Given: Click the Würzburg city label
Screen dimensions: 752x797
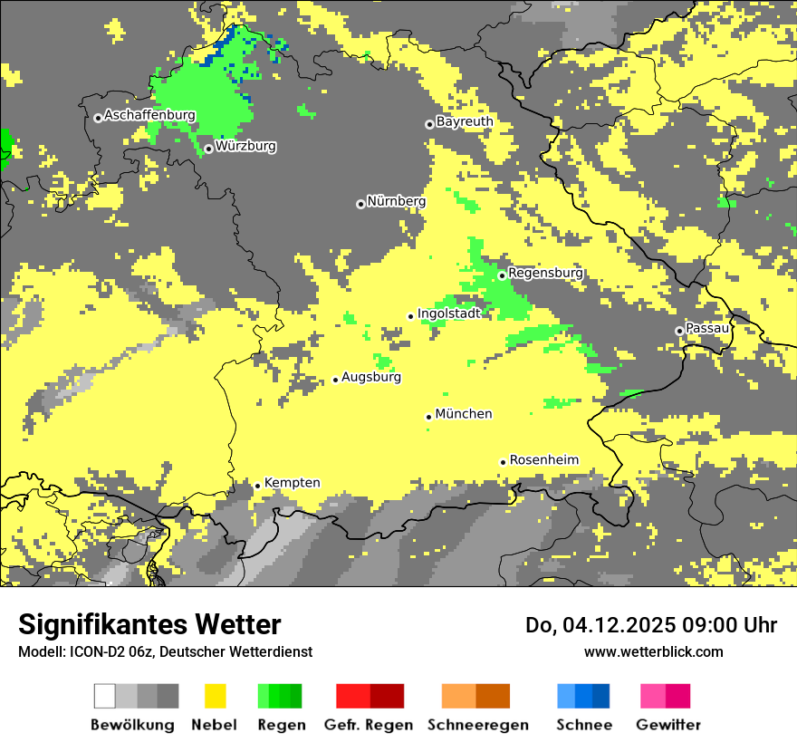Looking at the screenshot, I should (x=245, y=146).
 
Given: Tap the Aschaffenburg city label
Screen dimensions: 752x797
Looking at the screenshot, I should (x=149, y=115).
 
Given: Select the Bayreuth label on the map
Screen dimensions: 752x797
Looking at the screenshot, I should (x=465, y=121).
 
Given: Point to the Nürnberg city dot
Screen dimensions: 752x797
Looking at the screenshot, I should (x=360, y=204).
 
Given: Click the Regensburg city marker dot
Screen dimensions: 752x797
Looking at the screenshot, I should (x=502, y=275).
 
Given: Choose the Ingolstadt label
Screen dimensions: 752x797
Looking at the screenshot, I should (x=448, y=313).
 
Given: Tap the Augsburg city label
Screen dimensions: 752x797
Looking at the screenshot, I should (x=371, y=377).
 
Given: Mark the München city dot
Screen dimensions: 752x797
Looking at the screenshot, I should (x=428, y=417).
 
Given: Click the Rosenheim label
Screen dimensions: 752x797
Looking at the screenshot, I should (x=543, y=460).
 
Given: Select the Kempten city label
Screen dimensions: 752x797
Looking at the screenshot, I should (x=292, y=483).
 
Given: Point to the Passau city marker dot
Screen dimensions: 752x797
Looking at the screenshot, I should (x=679, y=331).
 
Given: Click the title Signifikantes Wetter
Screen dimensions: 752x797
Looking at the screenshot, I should (x=149, y=625).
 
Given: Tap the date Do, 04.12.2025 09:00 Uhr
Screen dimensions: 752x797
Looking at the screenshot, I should (x=651, y=625).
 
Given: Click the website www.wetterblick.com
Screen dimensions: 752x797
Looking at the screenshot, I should (x=654, y=651).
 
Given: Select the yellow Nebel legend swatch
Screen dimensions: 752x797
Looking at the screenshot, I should (x=215, y=696).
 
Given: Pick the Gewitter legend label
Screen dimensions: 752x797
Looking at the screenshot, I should (x=668, y=725).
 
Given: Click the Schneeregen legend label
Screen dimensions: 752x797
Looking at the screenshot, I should (x=478, y=725).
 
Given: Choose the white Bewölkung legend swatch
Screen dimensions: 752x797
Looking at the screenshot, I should (x=104, y=696).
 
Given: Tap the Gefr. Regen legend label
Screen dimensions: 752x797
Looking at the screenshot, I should (x=369, y=725).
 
